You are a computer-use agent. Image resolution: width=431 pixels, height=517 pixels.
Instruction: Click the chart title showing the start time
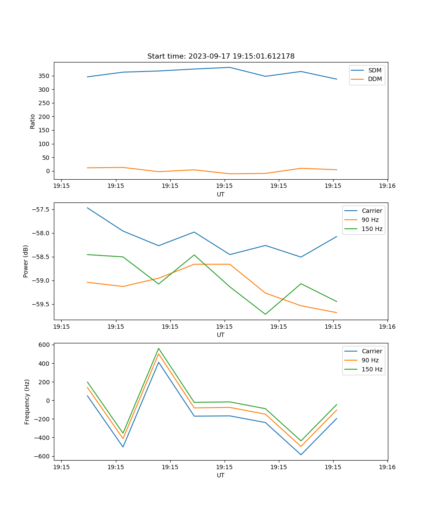(221, 56)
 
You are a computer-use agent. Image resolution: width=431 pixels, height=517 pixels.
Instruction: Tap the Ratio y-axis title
(33, 121)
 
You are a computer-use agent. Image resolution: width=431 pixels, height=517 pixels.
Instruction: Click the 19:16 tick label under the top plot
(387, 186)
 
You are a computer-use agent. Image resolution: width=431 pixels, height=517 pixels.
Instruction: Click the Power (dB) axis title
(26, 261)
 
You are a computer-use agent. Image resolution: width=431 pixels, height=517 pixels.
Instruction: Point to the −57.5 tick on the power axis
(41, 210)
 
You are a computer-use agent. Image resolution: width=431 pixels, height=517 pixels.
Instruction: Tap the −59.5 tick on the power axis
(41, 304)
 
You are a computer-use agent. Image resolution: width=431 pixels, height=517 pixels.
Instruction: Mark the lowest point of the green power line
(265, 314)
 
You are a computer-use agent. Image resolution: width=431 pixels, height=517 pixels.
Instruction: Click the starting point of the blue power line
(87, 208)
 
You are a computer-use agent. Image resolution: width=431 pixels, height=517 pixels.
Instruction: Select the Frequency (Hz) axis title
(27, 402)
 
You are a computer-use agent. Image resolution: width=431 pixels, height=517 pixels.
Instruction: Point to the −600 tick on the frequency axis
(43, 456)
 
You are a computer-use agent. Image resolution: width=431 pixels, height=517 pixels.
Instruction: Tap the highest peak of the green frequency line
(159, 348)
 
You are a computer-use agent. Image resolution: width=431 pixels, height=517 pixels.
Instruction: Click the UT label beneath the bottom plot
(221, 475)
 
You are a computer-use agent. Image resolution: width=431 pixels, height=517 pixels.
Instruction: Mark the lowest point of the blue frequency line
(301, 455)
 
